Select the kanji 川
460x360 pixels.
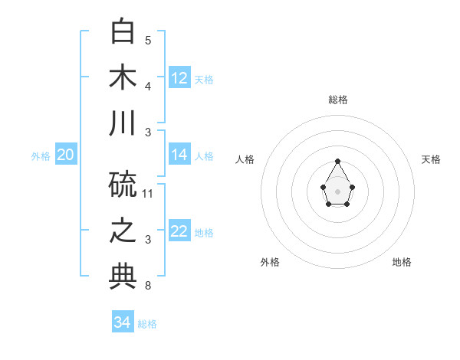(x=123, y=123)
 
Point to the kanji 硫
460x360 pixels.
(x=123, y=183)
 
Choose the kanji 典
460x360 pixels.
(x=123, y=277)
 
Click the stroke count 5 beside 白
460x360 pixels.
(x=148, y=40)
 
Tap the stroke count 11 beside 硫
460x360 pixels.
(x=148, y=193)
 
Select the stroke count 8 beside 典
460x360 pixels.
(x=148, y=286)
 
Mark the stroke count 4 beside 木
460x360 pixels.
(x=148, y=87)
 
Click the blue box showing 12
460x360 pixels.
(x=179, y=77)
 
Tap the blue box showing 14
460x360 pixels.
(x=179, y=155)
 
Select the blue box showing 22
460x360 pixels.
(x=179, y=232)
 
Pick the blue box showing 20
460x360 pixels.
(x=65, y=155)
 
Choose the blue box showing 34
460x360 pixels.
(x=123, y=322)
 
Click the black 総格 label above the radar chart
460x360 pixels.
(x=338, y=100)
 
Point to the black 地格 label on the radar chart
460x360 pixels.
(x=402, y=262)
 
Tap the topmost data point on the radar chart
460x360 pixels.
(x=337, y=161)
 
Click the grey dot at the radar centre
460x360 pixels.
(x=337, y=191)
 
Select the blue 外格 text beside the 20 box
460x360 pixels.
(x=41, y=156)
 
